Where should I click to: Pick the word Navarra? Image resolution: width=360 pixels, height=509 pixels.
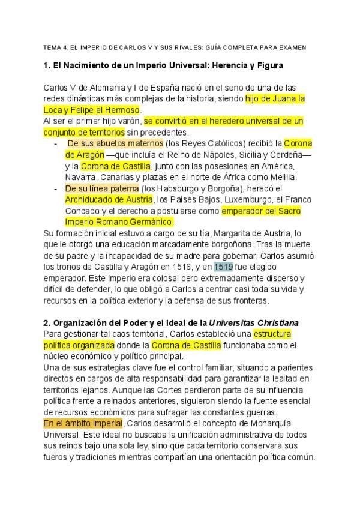pos(80,177)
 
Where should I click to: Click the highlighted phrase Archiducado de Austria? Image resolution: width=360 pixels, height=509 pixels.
pos(109,200)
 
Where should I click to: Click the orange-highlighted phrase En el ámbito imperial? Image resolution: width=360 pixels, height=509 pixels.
pos(83,423)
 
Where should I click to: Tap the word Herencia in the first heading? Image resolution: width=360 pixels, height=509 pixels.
pos(233,64)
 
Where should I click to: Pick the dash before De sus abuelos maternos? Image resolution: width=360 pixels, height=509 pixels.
pos(55,143)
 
